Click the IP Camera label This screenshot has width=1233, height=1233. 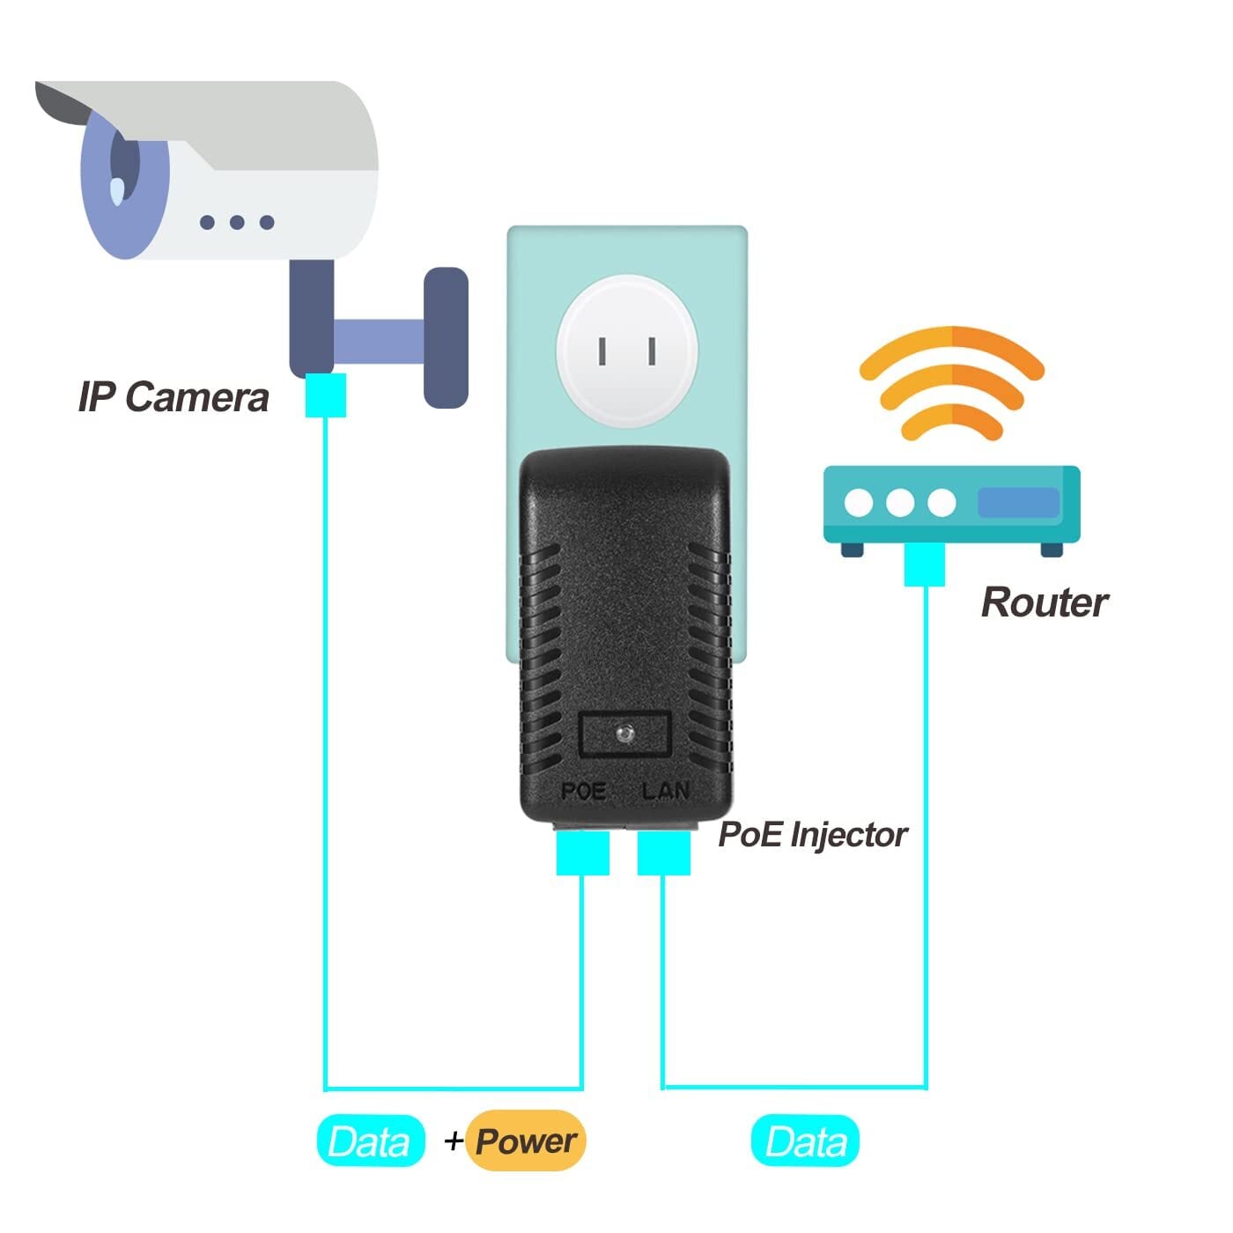point(174,396)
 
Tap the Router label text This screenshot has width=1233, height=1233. point(1045,603)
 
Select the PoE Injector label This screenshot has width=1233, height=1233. point(812,835)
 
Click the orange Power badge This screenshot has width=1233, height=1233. point(526,1141)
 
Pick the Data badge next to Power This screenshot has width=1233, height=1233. point(370,1142)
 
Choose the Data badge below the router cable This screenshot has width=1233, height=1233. point(805,1141)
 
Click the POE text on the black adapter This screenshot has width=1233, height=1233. point(583,791)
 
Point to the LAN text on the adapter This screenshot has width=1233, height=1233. point(665,791)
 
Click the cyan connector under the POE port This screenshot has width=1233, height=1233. point(582,853)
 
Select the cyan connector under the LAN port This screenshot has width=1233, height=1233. point(663,853)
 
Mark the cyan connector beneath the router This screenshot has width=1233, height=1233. point(924,565)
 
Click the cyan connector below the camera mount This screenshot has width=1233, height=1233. point(325,395)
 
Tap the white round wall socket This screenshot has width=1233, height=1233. point(627,351)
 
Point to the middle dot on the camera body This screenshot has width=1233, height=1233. point(237,223)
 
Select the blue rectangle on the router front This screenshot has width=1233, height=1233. point(1018,503)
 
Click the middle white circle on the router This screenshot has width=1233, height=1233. point(900,503)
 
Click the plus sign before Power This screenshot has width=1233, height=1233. point(454,1141)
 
